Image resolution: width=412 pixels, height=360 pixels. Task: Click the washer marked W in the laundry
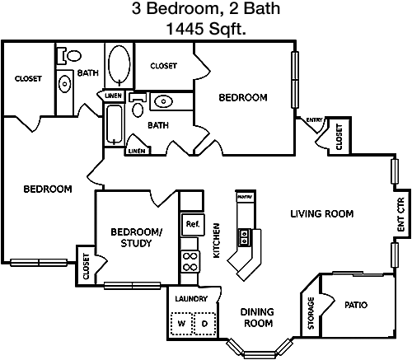[181, 323]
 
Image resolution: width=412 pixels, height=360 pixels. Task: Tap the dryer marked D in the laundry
[204, 323]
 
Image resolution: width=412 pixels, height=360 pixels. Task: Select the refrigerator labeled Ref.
[193, 225]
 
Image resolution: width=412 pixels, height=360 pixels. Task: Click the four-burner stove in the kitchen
[190, 262]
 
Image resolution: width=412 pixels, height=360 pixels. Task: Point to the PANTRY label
[245, 197]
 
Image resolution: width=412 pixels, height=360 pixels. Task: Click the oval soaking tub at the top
[119, 64]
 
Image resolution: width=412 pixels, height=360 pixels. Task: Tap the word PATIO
[356, 305]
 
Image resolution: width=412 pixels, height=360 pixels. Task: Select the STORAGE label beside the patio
[311, 313]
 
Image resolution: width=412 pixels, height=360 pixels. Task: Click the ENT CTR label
[401, 214]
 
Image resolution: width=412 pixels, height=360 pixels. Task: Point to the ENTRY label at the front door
[314, 120]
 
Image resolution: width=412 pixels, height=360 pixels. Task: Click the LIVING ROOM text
[322, 213]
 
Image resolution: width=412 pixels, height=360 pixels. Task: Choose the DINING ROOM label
[258, 318]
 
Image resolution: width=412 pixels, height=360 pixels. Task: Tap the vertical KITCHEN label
[217, 241]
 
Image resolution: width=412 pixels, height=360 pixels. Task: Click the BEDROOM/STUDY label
[137, 237]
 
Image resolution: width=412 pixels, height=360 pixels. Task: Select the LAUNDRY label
[191, 298]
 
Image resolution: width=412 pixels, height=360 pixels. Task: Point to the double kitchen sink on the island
[244, 237]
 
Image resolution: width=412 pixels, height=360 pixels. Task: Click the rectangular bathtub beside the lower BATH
[115, 124]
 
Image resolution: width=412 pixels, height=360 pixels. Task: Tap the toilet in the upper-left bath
[69, 56]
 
